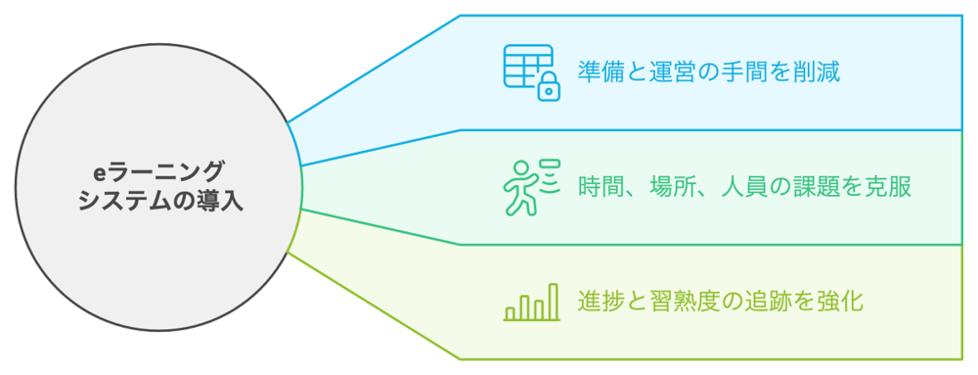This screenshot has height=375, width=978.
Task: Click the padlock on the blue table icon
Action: point(549,88)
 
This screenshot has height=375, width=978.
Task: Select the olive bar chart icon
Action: point(531,303)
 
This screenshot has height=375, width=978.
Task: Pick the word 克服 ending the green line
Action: point(892,186)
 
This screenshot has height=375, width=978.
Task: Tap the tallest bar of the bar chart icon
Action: point(554,302)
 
